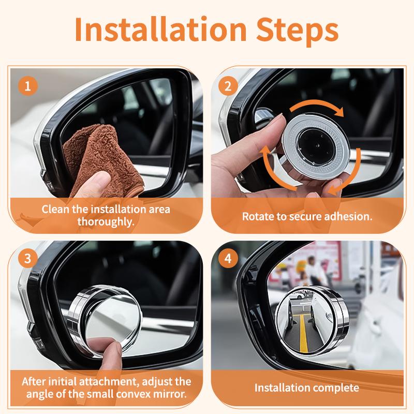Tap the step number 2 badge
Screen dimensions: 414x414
coord(228,86)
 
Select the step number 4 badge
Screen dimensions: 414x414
coord(228,258)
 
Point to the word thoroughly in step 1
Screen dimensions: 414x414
coord(106,221)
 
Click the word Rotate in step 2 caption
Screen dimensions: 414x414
coord(256,216)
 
